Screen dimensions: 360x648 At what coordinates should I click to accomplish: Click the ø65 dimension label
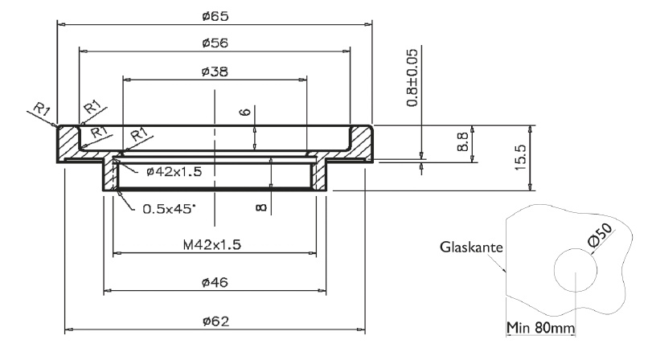point(213,15)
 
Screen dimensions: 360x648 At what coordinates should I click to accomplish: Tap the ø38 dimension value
point(214,72)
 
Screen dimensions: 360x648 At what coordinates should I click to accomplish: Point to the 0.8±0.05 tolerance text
point(412,77)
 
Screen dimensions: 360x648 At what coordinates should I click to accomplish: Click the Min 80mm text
point(539,327)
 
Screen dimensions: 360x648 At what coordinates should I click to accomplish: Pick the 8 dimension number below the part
point(261,207)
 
